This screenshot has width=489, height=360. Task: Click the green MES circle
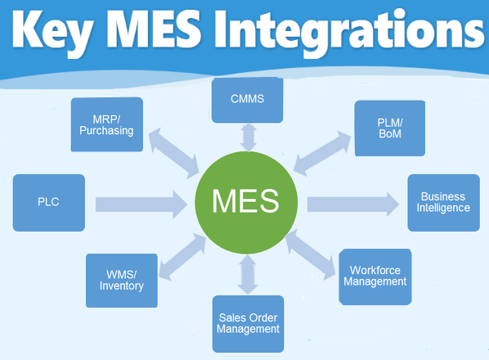(246, 202)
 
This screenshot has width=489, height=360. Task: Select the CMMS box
(247, 100)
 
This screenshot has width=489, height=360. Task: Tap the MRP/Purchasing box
(107, 124)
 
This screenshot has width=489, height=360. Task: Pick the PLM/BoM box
(390, 128)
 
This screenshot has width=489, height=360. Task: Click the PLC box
(48, 203)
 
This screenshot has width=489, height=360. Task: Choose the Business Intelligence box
(443, 203)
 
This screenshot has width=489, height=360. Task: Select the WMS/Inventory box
(122, 281)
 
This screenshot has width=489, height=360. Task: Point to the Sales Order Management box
(249, 324)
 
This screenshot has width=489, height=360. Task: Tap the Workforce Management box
(375, 277)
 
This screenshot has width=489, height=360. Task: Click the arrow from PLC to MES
(141, 205)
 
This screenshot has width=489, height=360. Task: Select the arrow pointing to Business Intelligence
(353, 205)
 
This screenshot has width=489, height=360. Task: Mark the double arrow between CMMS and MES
(249, 137)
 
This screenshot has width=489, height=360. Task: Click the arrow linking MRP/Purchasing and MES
(173, 153)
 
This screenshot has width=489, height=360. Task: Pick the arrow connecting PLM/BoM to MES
(322, 154)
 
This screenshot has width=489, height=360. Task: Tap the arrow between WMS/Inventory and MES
(182, 256)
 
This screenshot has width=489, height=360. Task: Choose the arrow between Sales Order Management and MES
(248, 275)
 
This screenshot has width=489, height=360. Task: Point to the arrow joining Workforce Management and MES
(310, 255)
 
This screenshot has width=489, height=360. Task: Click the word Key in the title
(52, 32)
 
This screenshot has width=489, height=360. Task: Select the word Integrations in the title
(349, 32)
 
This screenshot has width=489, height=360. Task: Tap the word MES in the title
(155, 29)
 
